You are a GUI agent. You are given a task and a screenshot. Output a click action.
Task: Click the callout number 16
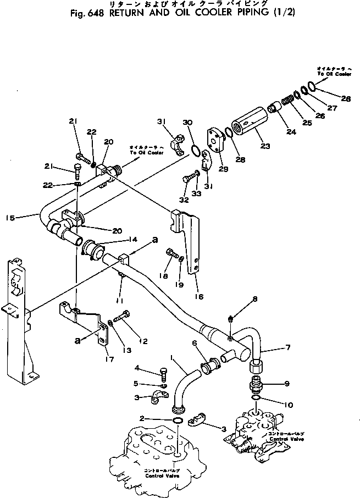[198, 296]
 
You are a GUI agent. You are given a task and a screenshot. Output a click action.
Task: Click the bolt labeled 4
[163, 373]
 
